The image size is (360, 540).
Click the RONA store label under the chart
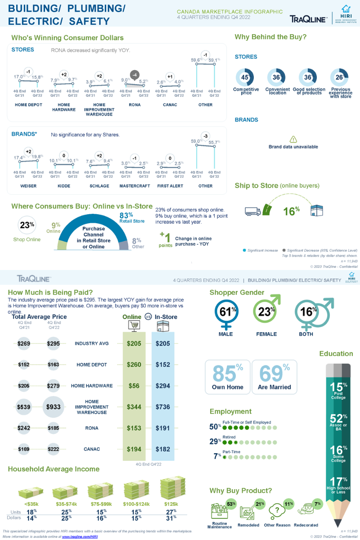tap(135, 105)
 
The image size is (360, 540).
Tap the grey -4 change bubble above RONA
tap(134, 74)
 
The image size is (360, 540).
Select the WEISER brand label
tap(28, 186)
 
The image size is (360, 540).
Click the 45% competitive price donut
tap(246, 77)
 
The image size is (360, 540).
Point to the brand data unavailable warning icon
tap(293, 139)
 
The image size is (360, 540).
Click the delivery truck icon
tap(252, 211)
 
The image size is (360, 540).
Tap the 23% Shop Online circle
tap(27, 225)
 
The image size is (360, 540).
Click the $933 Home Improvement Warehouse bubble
tap(54, 407)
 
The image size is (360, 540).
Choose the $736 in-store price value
tap(163, 407)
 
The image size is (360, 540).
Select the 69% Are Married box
tap(274, 377)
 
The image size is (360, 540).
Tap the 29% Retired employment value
tap(215, 441)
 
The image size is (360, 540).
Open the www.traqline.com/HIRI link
tap(80, 537)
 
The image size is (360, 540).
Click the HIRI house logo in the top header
tap(346, 9)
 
